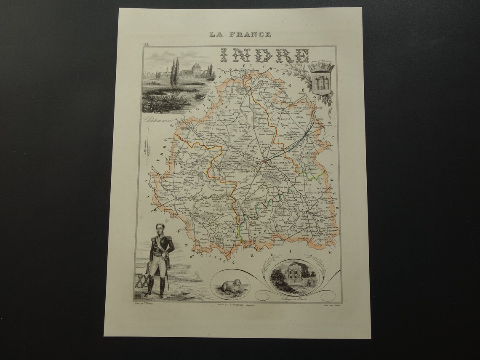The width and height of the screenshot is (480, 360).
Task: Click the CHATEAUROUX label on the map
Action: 278,161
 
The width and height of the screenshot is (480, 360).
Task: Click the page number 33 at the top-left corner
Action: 146,44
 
